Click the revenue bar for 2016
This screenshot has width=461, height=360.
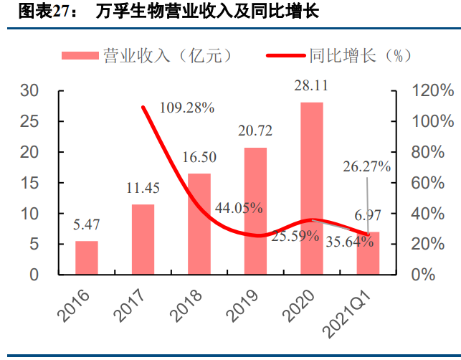[87, 257]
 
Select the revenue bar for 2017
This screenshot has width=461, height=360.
[143, 240]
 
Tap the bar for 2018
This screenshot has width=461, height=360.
[199, 224]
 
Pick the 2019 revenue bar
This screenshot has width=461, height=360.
[255, 211]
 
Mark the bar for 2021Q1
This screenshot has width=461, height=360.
[368, 252]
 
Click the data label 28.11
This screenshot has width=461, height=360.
[311, 86]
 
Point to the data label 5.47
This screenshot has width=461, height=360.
[87, 225]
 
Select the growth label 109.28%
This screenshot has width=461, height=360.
[187, 108]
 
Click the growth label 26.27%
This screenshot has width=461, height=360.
[366, 167]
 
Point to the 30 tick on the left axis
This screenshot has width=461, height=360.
[49, 91]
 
